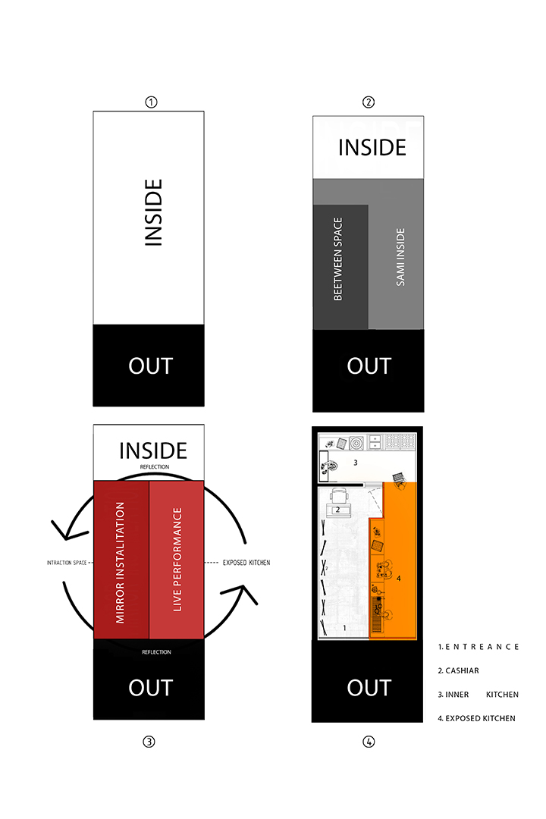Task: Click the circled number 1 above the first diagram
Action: click(150, 102)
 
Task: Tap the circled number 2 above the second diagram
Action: click(369, 102)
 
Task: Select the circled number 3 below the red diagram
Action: click(149, 742)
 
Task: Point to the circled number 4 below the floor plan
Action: click(369, 742)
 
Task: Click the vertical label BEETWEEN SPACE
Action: click(338, 259)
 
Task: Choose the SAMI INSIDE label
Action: click(400, 257)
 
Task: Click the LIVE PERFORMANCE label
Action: click(177, 560)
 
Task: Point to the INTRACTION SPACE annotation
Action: click(67, 563)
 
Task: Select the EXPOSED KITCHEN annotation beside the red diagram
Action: click(246, 563)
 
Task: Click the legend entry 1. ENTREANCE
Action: click(479, 647)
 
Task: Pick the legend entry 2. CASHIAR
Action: click(459, 670)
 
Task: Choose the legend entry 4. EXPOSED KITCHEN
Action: click(477, 717)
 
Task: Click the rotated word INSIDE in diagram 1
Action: click(153, 212)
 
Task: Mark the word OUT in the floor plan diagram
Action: click(369, 687)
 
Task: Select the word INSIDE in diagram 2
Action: click(372, 147)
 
